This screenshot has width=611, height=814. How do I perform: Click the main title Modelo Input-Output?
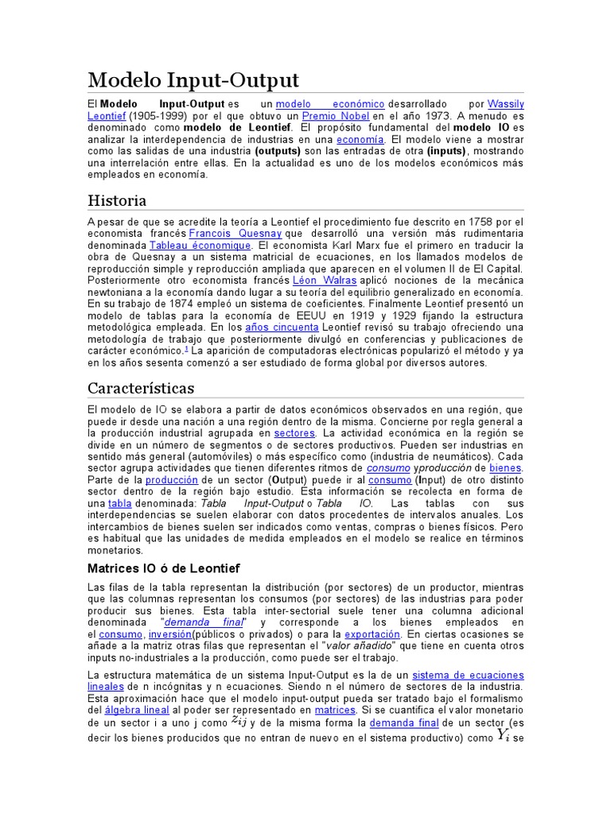193,79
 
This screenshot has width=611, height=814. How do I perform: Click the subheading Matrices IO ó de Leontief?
163,568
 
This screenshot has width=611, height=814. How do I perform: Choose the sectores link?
294,433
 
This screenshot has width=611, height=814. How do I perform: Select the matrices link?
334,709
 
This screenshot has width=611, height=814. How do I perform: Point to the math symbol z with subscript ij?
239,721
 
